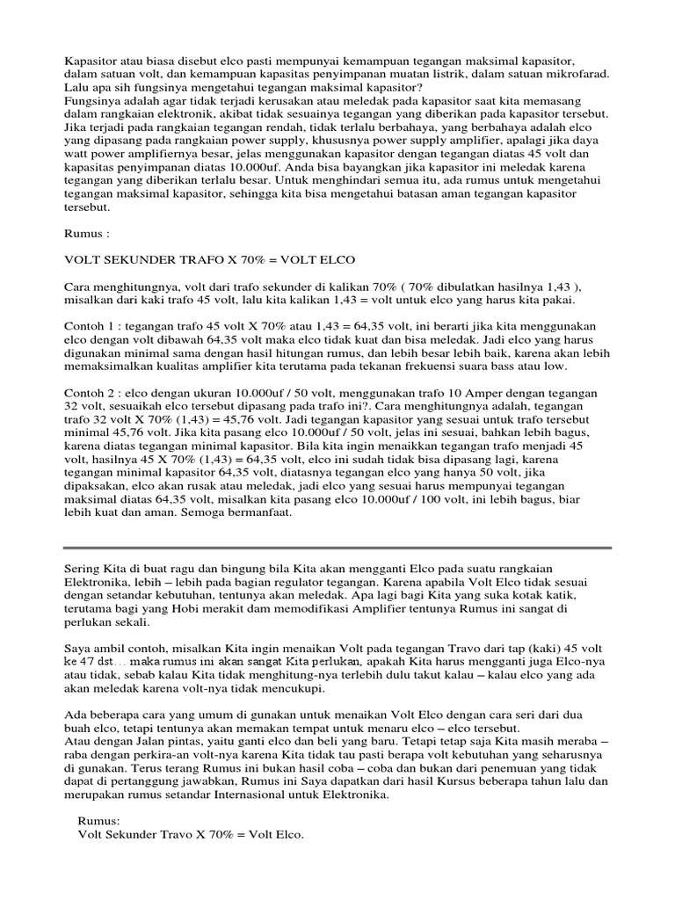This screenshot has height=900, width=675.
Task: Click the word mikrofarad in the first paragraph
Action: tap(574, 76)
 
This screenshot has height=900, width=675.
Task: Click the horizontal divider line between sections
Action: tap(337, 548)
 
